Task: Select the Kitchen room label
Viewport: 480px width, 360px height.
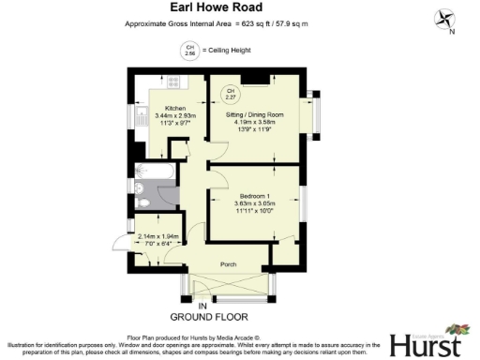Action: (x=174, y=108)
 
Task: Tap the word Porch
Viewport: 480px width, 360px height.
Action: (x=228, y=264)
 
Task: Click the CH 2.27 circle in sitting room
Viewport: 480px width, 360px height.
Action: (x=230, y=93)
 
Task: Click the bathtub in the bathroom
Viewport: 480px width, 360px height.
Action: (x=154, y=172)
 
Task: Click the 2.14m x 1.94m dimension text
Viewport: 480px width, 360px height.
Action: (x=157, y=237)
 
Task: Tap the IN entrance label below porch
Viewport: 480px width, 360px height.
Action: (x=201, y=306)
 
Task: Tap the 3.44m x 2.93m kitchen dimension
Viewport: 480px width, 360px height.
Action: (x=174, y=115)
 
